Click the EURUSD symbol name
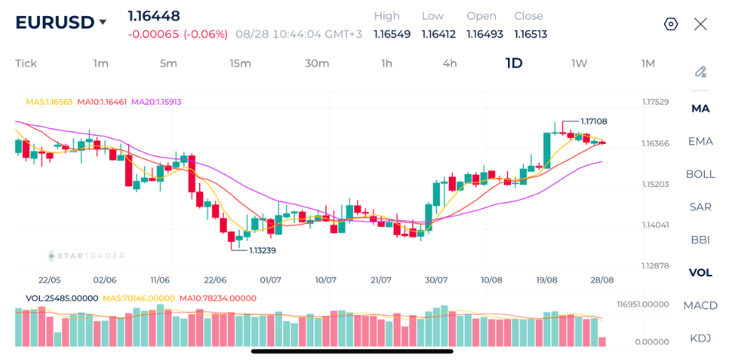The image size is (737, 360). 54,22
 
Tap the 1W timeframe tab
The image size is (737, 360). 579,64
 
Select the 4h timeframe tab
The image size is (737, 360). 450,64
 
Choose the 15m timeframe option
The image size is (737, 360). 241,64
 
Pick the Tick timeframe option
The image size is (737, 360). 26,64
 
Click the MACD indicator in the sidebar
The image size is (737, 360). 700,306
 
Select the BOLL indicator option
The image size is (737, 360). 700,174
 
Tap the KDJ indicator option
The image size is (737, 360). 700,338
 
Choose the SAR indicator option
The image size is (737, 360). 700,207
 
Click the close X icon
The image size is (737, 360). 700,24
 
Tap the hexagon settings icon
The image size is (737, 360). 670,24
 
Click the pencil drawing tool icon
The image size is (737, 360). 701,72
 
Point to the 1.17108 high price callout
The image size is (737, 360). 594,121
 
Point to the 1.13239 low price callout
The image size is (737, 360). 262,250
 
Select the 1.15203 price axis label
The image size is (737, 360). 656,184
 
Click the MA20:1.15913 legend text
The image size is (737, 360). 156,102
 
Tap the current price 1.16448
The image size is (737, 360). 154,16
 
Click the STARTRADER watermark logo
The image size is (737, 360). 86,256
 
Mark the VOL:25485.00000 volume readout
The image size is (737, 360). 61,299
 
